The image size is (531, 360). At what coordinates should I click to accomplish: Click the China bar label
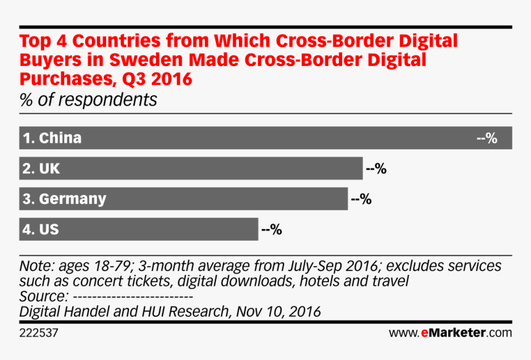click(52, 138)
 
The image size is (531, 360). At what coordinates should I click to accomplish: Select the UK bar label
click(41, 168)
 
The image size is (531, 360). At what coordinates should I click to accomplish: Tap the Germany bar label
click(64, 199)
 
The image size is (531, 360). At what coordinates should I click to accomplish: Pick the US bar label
click(41, 229)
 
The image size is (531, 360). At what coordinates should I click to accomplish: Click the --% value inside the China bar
click(487, 138)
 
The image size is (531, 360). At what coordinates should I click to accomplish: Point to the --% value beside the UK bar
click(376, 168)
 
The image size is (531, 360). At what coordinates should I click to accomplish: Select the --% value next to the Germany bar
click(361, 199)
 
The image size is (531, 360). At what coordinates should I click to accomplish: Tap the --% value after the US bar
click(272, 229)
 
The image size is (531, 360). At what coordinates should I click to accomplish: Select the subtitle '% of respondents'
click(88, 99)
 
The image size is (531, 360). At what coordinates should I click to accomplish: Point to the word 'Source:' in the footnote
click(40, 297)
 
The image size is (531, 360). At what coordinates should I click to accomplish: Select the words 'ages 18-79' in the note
click(94, 267)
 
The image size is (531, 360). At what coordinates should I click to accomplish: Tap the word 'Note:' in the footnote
click(37, 267)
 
